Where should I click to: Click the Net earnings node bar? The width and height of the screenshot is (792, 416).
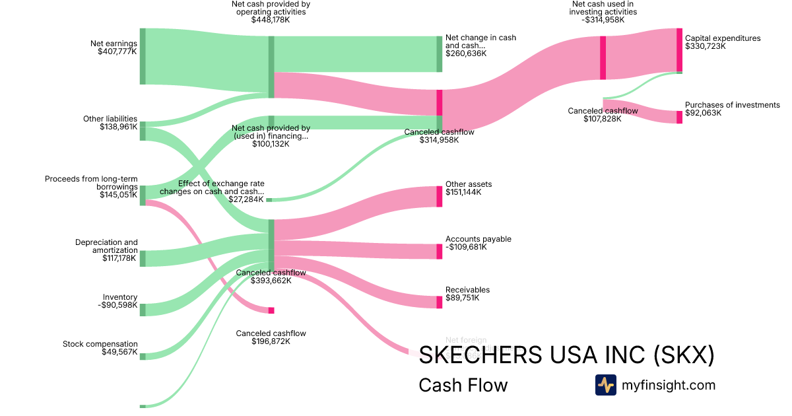coord(142,56)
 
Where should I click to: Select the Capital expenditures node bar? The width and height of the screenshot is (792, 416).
coord(679,50)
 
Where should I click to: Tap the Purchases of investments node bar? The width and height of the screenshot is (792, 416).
coord(679,117)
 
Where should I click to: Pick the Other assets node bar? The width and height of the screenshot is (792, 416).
coord(439,196)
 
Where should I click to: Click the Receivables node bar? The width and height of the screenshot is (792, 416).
coord(439,302)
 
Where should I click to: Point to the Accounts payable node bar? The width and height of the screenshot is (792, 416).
coord(439,251)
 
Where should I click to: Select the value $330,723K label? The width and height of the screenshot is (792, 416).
coord(706,47)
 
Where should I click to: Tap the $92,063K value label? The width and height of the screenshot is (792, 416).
coord(704,114)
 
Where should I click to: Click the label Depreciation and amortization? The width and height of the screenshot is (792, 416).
coord(106,246)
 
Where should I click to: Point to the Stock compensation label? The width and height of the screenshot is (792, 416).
coord(100,344)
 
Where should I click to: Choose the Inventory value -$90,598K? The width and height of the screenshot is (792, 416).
coord(117,306)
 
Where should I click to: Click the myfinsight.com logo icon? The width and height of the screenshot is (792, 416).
coord(605,385)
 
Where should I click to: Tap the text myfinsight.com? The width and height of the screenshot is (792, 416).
coord(669,385)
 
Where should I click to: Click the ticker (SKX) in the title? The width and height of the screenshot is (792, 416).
coord(683,355)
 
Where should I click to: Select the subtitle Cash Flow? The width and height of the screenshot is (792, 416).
coord(463,385)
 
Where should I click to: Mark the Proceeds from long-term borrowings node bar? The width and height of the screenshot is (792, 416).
coord(142,195)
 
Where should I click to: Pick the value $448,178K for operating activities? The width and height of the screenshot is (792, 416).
coord(271,20)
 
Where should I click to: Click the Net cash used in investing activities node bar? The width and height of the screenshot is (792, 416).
coord(603,57)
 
